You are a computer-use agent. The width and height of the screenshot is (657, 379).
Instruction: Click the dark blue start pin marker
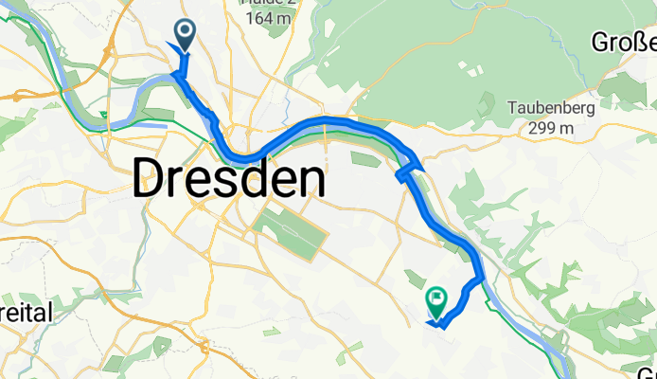(x=185, y=36)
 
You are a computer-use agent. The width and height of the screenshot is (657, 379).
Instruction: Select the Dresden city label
(x=229, y=178)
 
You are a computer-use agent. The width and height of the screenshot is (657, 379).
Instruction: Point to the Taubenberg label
(x=550, y=108)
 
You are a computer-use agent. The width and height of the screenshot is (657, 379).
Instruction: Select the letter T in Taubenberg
(x=512, y=108)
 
